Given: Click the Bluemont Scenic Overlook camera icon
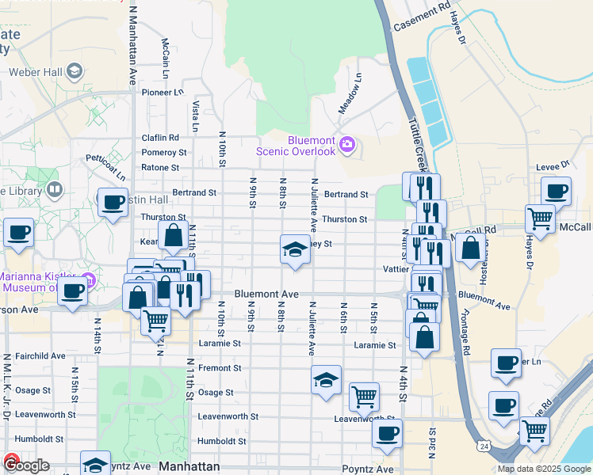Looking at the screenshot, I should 346,145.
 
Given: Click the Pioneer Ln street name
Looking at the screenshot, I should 162,92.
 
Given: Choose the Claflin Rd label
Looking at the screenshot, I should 160,138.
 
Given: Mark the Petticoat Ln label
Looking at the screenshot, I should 106,164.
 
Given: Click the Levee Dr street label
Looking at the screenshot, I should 554,165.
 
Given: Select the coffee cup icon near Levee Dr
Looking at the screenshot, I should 556,191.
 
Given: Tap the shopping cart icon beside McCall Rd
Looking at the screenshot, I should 540,217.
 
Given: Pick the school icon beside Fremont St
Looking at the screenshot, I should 325,380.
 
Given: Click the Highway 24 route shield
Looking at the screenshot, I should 483,446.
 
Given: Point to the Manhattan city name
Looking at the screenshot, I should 189,466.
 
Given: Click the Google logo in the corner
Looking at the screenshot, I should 25,465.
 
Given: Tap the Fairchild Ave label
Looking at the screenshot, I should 36,356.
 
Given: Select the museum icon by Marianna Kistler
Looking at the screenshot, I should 89,280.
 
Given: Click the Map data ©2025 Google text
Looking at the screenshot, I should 544,469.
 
